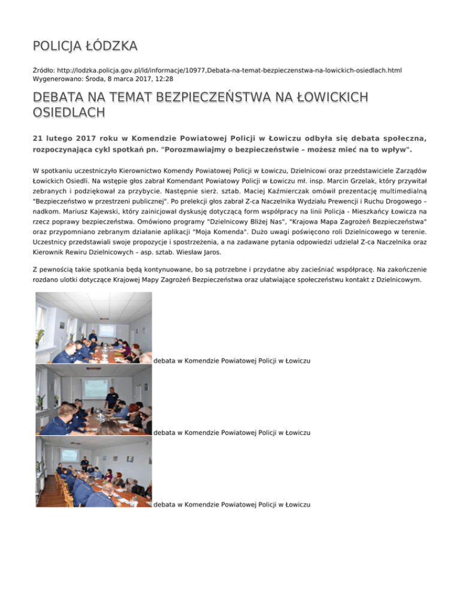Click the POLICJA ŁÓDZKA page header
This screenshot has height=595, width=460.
tap(85, 45)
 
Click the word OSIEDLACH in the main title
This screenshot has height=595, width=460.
tap(69, 112)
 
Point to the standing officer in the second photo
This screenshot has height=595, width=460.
tap(111, 397)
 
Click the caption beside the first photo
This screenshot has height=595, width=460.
tap(232, 361)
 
